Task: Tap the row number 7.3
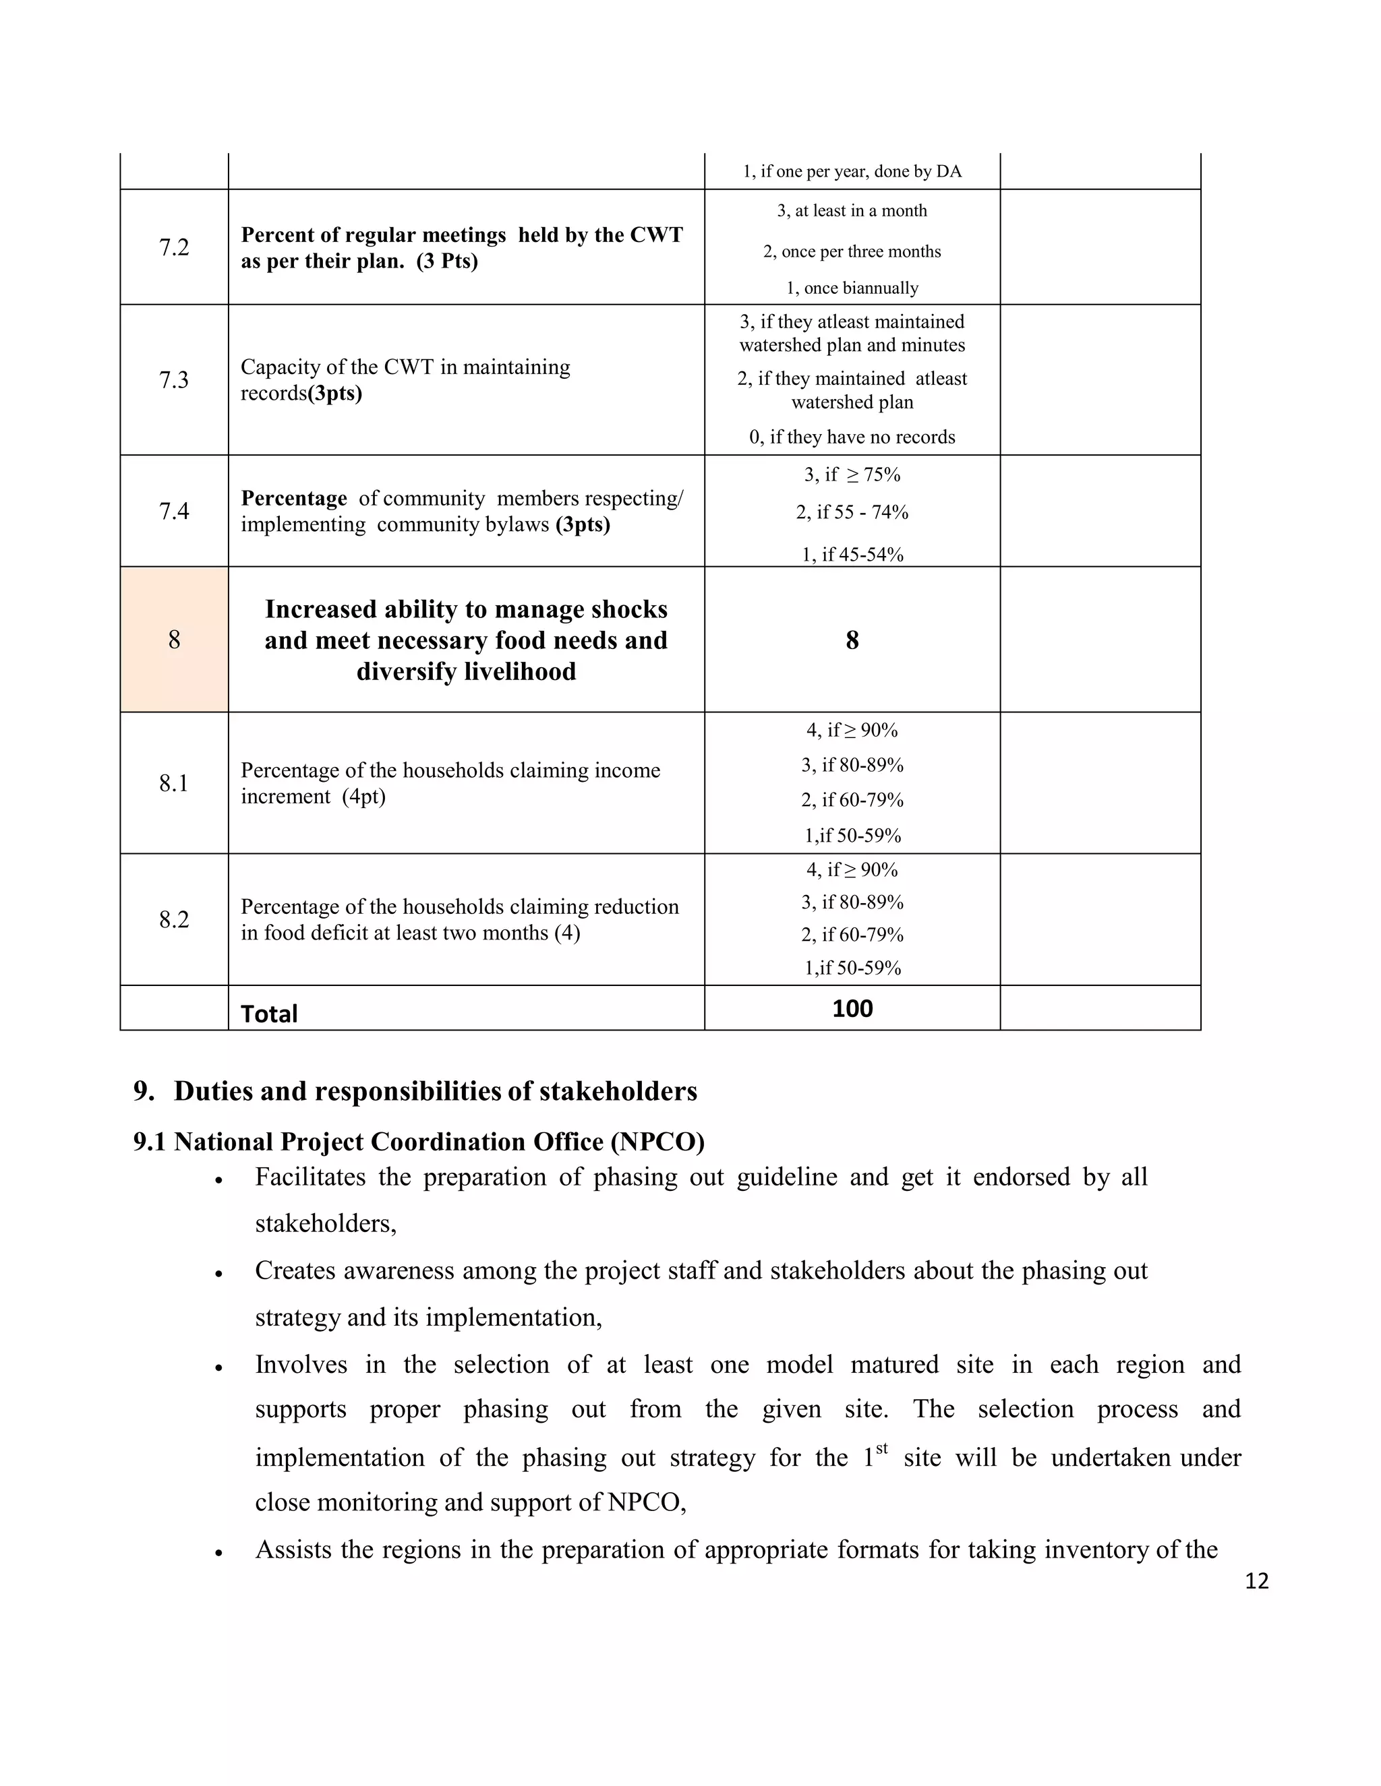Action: [x=173, y=380]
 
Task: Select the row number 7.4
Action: [x=173, y=511]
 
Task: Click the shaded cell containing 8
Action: [x=173, y=640]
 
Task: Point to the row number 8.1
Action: [x=173, y=783]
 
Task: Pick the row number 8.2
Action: [x=173, y=920]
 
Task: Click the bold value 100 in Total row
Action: [x=852, y=1008]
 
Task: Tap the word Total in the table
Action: [x=268, y=1014]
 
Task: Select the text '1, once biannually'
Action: [x=852, y=288]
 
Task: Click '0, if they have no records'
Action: [x=852, y=437]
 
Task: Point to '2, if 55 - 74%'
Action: [x=852, y=512]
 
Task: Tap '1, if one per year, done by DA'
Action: [x=852, y=172]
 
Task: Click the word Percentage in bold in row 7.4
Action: [x=294, y=498]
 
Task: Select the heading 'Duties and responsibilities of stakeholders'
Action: [x=435, y=1091]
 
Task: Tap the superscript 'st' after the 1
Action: [x=881, y=1449]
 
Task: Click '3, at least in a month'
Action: [x=852, y=211]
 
